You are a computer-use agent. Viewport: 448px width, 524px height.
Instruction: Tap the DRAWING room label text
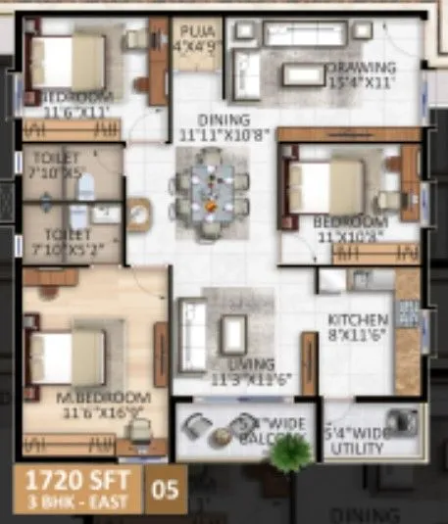[x=362, y=74]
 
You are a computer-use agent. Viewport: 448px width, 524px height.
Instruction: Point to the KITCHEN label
[x=358, y=328]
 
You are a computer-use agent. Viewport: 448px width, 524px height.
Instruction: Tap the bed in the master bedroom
[x=68, y=357]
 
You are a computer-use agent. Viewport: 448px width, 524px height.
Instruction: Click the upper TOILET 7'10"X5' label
[x=56, y=164]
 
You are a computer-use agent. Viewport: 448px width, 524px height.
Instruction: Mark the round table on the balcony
[x=238, y=425]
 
